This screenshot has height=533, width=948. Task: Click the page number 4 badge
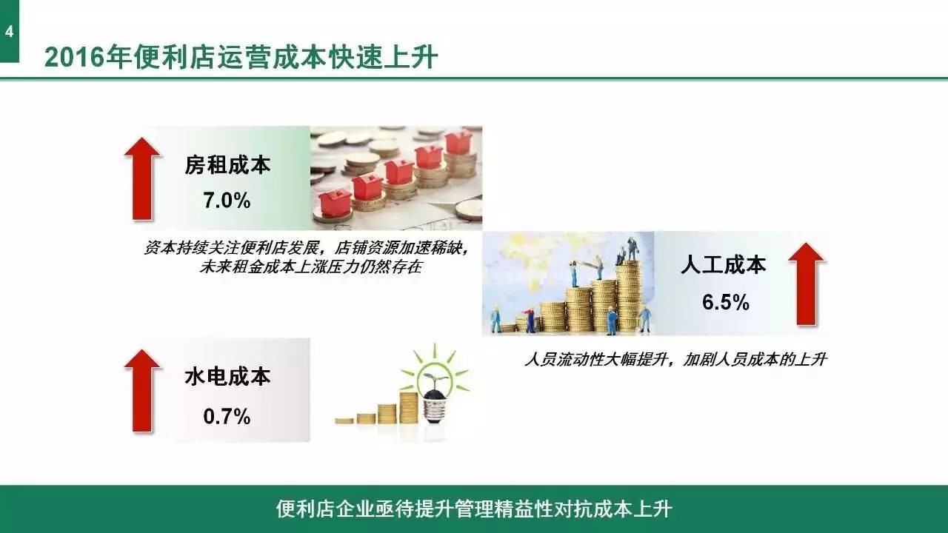click(x=9, y=32)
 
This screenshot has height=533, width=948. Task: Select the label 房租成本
click(x=227, y=165)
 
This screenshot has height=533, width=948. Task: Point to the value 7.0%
click(x=227, y=201)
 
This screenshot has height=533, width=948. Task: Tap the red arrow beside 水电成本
click(x=141, y=390)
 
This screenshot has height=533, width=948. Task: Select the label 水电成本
click(x=227, y=377)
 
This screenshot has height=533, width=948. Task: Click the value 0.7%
click(x=227, y=417)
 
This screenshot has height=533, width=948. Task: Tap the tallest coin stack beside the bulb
click(x=409, y=408)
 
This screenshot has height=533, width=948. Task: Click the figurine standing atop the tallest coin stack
click(x=632, y=249)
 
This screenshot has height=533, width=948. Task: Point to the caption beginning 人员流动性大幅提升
click(x=675, y=361)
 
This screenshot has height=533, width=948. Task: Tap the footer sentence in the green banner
click(x=474, y=509)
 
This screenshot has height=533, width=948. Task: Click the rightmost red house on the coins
click(x=459, y=141)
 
